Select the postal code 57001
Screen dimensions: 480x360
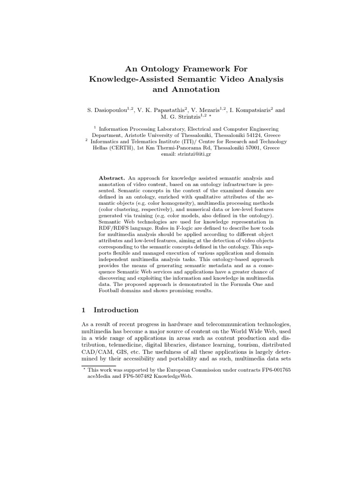click(x=252, y=148)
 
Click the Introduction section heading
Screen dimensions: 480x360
click(x=116, y=310)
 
